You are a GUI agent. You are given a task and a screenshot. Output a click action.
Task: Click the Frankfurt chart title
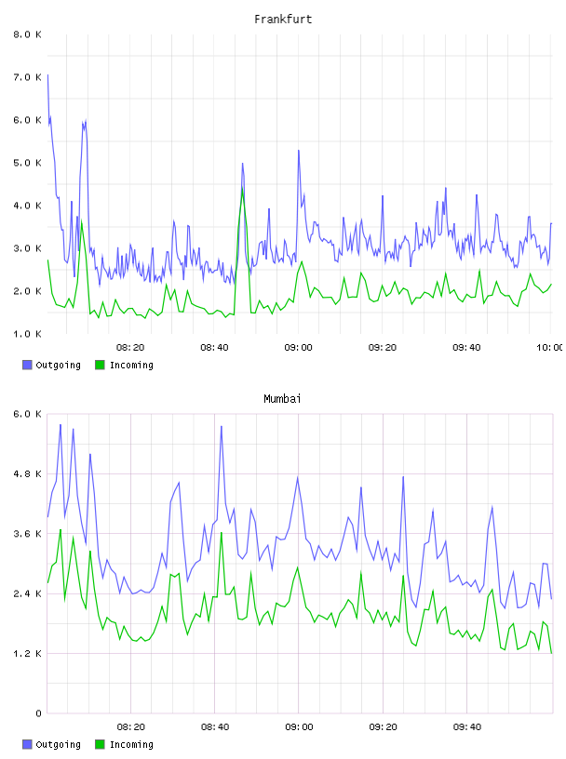283,20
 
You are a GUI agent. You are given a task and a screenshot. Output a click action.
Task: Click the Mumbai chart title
282,399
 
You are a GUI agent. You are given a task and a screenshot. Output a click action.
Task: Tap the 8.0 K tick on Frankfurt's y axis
27,34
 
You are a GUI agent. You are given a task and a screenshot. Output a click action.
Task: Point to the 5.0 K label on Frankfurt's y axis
27,163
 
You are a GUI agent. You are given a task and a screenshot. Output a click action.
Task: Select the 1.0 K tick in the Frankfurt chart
27,334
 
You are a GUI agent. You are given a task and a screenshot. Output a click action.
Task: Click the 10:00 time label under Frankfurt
549,348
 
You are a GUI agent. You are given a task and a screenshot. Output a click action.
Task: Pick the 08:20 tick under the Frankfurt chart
130,348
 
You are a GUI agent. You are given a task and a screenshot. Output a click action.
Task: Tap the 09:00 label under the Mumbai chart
299,727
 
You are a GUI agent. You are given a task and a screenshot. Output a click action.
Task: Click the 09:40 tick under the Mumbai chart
467,727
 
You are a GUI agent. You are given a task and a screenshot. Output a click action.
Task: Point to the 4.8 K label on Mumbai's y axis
27,473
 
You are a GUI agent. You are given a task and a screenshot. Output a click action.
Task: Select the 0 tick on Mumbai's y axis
39,713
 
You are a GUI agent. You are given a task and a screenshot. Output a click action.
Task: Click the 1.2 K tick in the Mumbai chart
27,654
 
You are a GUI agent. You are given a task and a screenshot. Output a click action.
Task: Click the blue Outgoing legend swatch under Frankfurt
27,365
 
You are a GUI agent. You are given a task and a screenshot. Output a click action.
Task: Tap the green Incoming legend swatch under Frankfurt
100,365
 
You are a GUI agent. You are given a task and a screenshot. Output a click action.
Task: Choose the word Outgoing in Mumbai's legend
58,744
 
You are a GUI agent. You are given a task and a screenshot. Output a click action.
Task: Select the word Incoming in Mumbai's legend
131,744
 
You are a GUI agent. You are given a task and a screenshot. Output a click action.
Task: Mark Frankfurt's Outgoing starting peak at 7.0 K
47,75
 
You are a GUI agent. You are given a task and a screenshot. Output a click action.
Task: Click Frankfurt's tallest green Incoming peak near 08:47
242,188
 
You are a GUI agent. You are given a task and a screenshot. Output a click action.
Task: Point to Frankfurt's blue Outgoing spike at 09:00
299,151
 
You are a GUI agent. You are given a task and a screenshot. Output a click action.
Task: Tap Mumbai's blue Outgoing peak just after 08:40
222,426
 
